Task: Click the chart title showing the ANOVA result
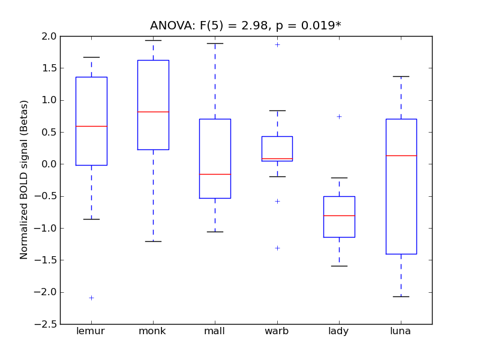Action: point(245,25)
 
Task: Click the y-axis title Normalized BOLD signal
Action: point(24,180)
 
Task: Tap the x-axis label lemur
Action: point(91,331)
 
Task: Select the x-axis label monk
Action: point(153,331)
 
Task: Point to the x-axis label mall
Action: point(215,331)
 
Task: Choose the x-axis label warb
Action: point(277,331)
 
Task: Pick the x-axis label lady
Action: point(338,331)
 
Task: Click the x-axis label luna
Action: point(400,331)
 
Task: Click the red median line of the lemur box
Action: point(91,126)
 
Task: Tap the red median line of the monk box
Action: point(153,112)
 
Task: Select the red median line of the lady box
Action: point(339,215)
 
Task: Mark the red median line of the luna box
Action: point(401,155)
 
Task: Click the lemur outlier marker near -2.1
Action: point(91,298)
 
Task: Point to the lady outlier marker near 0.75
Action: point(339,116)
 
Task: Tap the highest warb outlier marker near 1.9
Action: point(277,44)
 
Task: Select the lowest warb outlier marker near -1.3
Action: point(277,248)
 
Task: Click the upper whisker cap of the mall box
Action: point(215,43)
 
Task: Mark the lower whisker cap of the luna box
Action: point(401,296)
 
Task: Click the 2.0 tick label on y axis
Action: point(50,36)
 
